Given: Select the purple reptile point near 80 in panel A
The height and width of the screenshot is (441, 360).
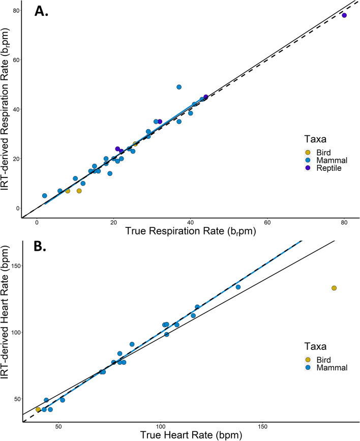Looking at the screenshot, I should click(344, 15).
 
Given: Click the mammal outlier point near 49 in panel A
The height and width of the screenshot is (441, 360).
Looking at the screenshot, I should click(179, 87).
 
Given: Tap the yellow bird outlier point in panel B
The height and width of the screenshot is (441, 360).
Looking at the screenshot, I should click(334, 288).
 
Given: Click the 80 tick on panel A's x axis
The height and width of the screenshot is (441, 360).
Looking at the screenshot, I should click(344, 223).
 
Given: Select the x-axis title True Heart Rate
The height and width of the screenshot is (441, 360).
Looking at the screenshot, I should click(190, 434).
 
